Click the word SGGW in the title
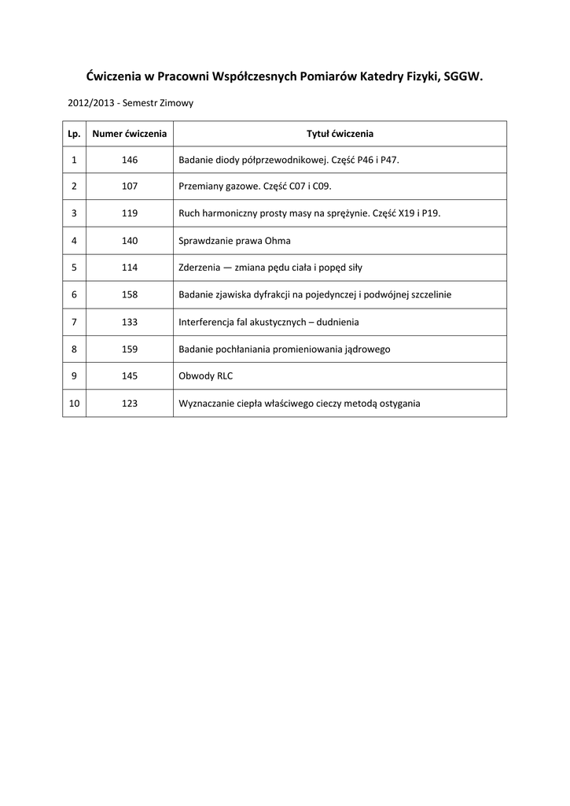(x=463, y=76)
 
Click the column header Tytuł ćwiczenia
(x=340, y=134)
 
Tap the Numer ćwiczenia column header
(x=130, y=134)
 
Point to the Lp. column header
(x=75, y=134)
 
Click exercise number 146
(x=130, y=160)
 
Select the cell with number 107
(x=130, y=187)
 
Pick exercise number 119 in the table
(x=130, y=213)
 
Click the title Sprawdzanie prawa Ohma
(x=235, y=241)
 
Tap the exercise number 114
(x=130, y=268)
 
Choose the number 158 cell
(x=130, y=294)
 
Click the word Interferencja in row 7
(x=207, y=322)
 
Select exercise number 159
(x=130, y=349)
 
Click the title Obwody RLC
(x=206, y=376)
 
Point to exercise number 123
(x=130, y=403)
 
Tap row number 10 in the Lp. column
(x=75, y=403)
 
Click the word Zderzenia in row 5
(x=200, y=268)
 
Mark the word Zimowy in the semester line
(x=178, y=103)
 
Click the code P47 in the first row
(x=389, y=160)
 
